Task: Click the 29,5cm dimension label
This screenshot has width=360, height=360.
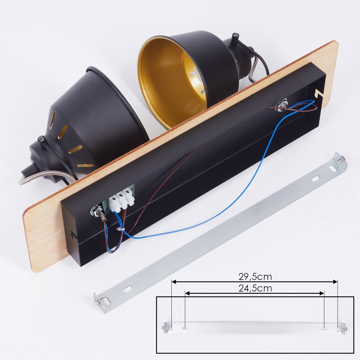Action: click(255, 276)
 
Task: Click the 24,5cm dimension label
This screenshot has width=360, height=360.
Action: click(255, 288)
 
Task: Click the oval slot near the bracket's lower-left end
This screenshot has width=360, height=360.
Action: click(128, 288)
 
